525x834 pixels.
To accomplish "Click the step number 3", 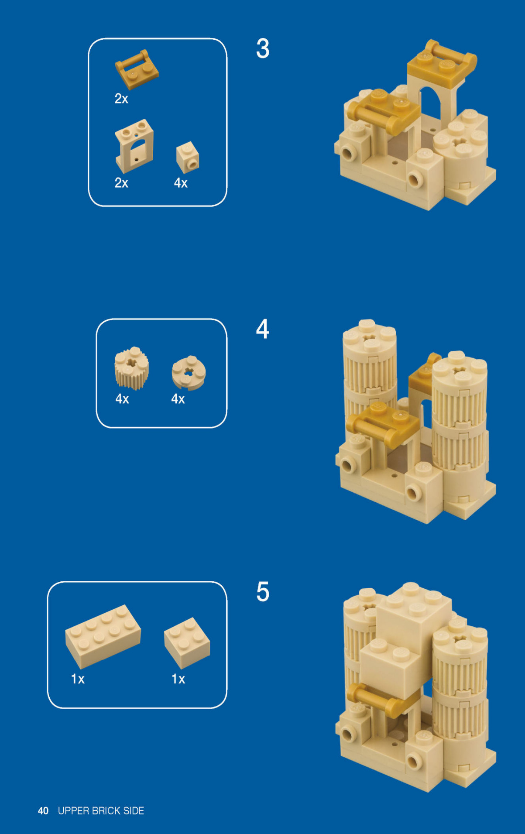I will tap(263, 48).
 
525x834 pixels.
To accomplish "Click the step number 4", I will tap(262, 329).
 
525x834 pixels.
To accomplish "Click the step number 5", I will tap(263, 592).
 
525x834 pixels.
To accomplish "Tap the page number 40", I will tap(43, 811).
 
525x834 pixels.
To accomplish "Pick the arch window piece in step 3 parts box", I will tap(134, 146).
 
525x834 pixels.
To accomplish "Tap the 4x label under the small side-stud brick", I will tap(181, 183).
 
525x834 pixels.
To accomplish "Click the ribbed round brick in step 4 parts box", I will tap(131, 368).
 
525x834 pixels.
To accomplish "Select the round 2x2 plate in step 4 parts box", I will tap(189, 372).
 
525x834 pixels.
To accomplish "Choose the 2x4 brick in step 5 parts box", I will tap(103, 635).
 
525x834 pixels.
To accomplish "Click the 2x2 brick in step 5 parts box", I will tap(187, 642).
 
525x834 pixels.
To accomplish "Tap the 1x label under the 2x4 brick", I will tap(78, 679).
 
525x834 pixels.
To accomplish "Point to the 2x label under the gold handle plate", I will tap(121, 99).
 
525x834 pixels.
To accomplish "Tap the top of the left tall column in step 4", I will tap(369, 336).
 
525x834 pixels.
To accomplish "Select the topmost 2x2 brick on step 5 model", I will tap(414, 609).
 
